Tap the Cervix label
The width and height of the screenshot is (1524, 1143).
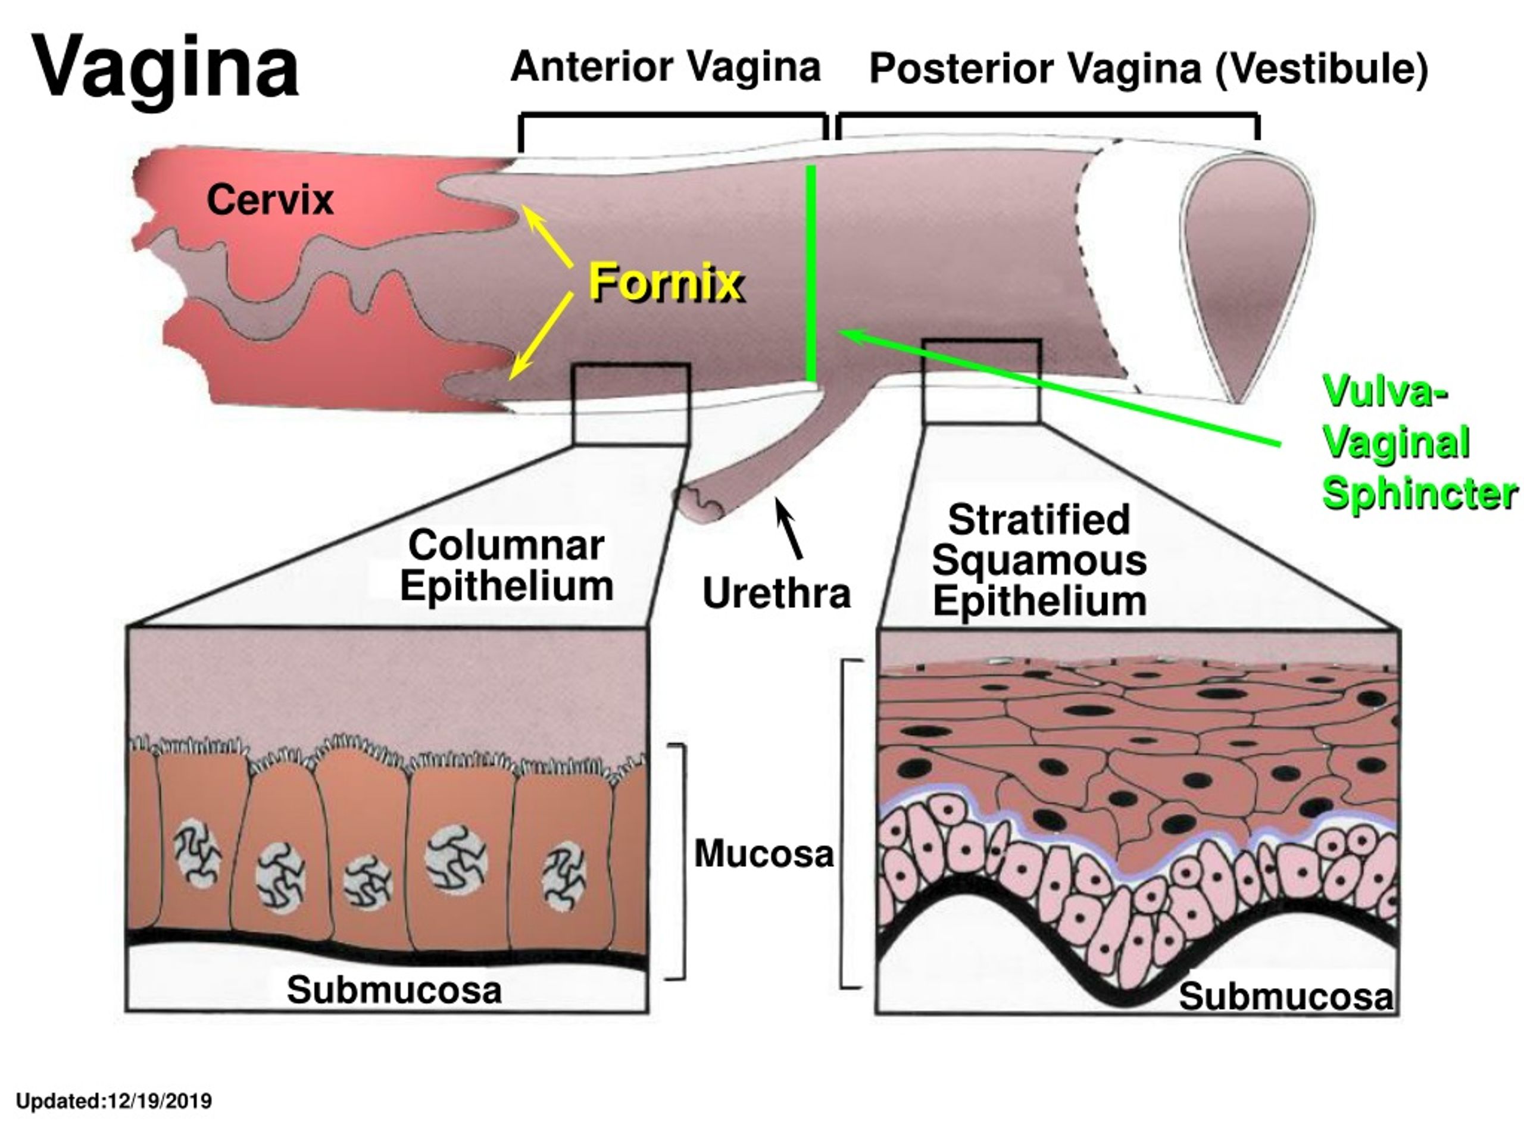270,200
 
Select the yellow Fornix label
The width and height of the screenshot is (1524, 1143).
666,283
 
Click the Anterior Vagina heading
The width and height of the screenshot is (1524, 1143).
666,67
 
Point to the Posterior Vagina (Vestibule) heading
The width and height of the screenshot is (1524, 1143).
1148,68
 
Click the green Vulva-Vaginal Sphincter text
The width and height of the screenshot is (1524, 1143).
1419,442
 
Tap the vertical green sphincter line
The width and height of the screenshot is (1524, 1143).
811,273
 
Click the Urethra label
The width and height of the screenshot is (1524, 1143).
776,592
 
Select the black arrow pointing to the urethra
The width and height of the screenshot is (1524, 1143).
789,529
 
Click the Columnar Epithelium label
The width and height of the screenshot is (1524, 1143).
507,565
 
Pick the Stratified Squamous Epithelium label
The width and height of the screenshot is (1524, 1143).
1039,560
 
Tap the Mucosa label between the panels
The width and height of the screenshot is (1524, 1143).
763,854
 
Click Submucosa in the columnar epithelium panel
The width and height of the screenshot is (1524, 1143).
394,990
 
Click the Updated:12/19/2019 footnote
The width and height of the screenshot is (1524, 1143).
114,1101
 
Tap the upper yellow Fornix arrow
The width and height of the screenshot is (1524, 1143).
548,236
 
